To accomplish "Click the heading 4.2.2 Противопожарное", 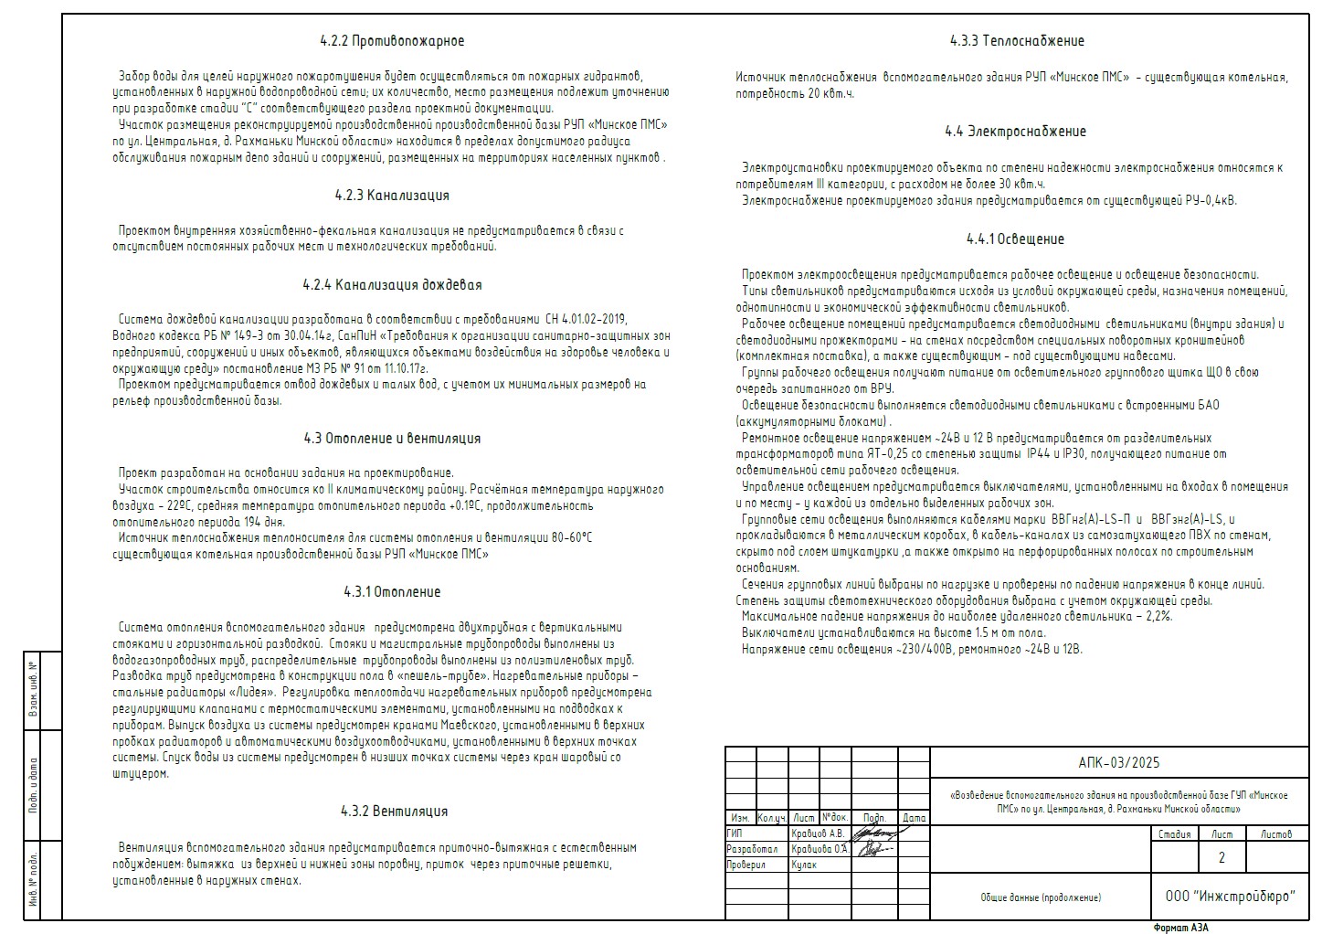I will [392, 41].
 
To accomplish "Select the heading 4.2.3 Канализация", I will [392, 196].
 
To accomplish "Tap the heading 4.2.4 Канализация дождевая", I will [392, 285].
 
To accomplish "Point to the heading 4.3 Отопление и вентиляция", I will [392, 439].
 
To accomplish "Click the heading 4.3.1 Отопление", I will [392, 592].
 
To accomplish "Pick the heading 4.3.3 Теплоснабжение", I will [1017, 41].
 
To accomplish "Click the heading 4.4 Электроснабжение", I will [1015, 132].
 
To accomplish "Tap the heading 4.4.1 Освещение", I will [1015, 239].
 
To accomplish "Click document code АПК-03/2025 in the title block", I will [1118, 762].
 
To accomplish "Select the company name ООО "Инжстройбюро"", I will [1231, 896].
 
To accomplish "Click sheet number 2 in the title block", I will [1222, 858].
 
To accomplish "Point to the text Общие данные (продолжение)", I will [1041, 897].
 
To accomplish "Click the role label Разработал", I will [752, 849].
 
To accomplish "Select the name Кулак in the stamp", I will [805, 865].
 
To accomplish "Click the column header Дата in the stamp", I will [914, 818].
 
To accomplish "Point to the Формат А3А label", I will [1180, 927].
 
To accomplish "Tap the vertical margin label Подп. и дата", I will [34, 784].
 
